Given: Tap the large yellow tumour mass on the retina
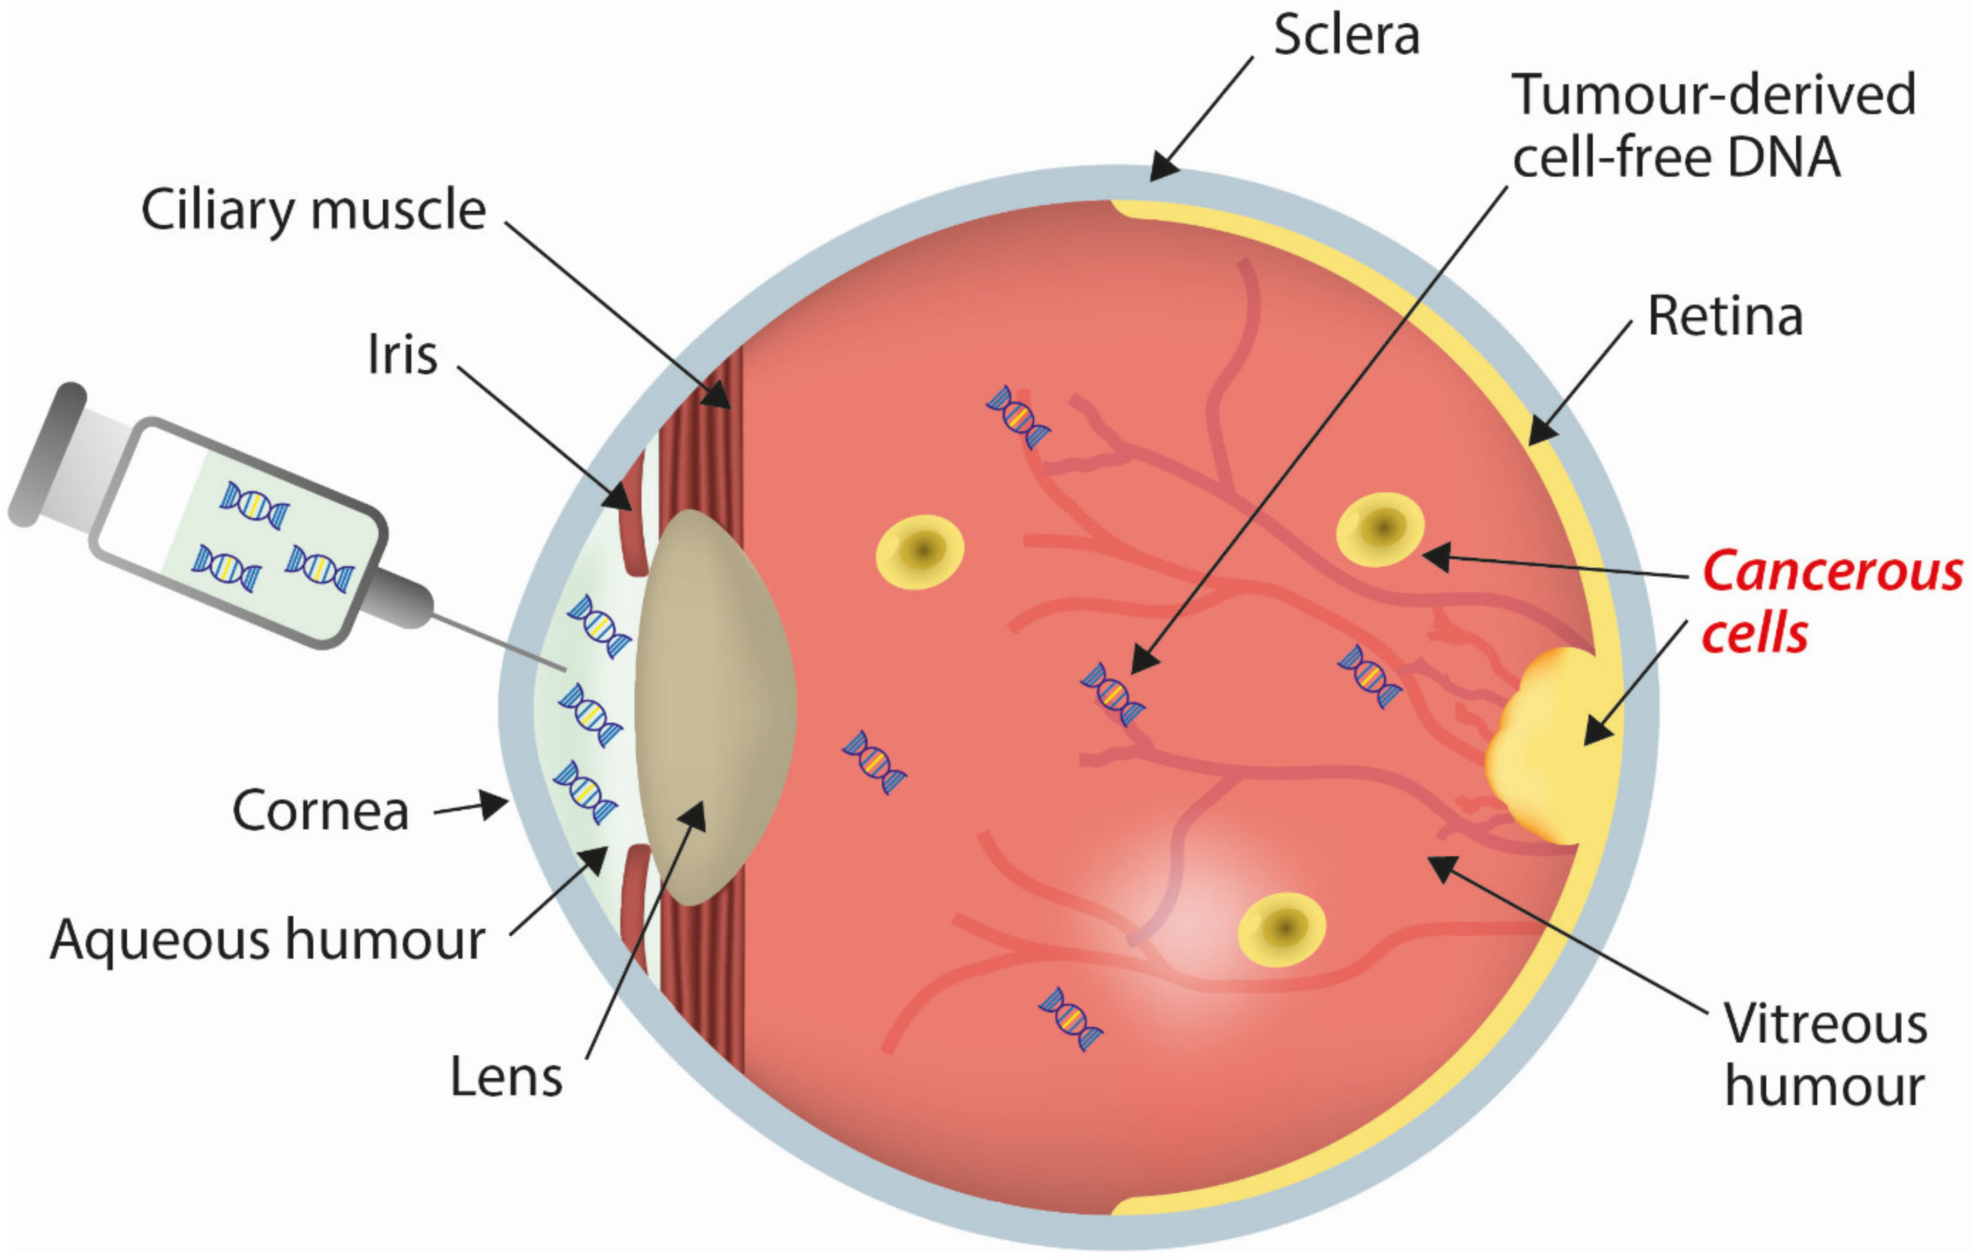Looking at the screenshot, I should point(1543,745).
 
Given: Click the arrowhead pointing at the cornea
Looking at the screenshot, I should point(495,805).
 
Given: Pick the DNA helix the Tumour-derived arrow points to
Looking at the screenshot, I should point(1112,694).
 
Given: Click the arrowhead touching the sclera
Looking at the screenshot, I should point(1162,167).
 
